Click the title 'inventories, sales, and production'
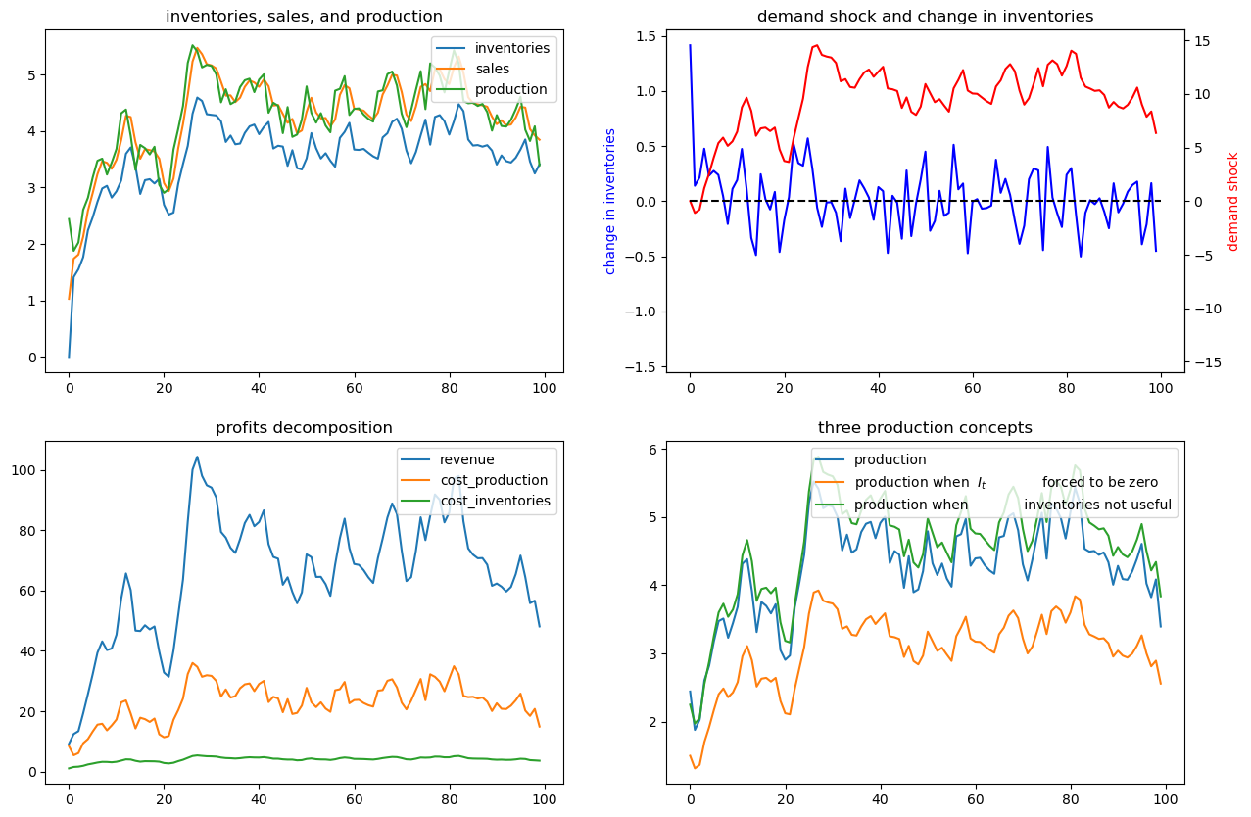[x=304, y=17]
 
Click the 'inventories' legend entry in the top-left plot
[x=493, y=48]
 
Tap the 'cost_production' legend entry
[x=475, y=480]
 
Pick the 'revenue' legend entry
[x=448, y=459]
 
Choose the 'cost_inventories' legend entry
[x=476, y=501]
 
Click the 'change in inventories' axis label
[x=609, y=202]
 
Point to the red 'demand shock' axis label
[x=1232, y=202]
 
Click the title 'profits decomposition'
[x=304, y=428]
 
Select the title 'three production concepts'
[x=925, y=428]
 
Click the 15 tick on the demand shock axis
[x=1202, y=41]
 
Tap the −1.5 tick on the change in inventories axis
[x=642, y=367]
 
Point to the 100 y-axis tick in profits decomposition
[x=24, y=470]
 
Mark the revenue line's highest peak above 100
[x=197, y=457]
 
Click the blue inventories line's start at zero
[x=69, y=357]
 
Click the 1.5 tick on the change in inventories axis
[x=647, y=37]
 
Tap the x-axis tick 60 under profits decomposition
[x=354, y=799]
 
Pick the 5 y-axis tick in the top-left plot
[x=31, y=75]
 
